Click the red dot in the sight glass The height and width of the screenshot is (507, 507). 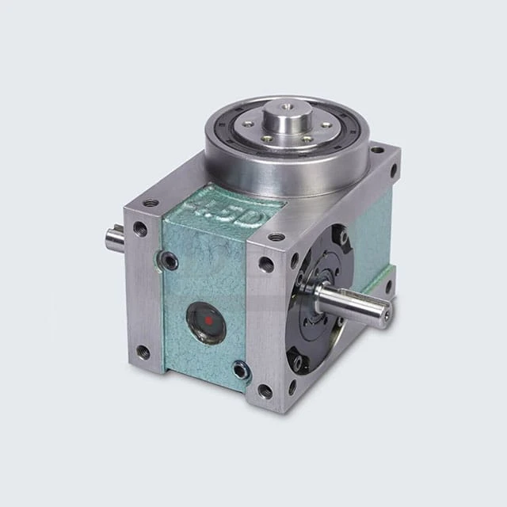tap(208, 321)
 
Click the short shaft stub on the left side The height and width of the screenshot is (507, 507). tap(114, 237)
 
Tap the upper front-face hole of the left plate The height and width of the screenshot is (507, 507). tap(140, 230)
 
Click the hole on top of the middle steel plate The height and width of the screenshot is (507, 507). tap(276, 236)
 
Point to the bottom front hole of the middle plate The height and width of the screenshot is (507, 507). tap(265, 391)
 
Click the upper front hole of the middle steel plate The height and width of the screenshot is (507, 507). tap(265, 265)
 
